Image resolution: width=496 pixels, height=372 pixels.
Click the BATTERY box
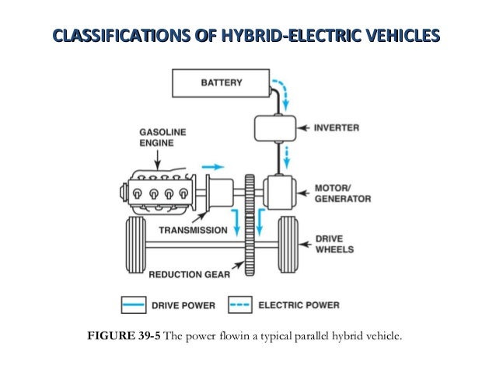(x=222, y=82)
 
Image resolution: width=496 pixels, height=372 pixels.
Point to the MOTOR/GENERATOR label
(x=341, y=193)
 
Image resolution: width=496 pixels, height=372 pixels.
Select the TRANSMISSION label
(x=193, y=230)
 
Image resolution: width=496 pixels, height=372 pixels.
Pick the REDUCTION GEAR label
(x=190, y=274)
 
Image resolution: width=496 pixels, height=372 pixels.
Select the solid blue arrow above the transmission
(x=211, y=166)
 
